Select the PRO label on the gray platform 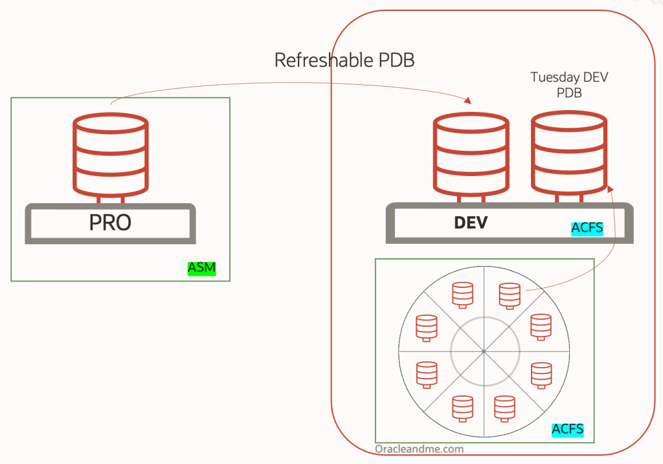tap(110, 223)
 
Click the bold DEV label tap(471, 223)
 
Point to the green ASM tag tap(201, 269)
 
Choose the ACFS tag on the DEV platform tap(587, 228)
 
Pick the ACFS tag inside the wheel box tap(568, 429)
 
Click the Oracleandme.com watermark tap(419, 448)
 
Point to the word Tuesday tap(553, 78)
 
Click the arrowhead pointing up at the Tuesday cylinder tap(609, 188)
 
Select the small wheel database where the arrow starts tap(510, 295)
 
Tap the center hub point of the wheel tap(484, 351)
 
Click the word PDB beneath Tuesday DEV tap(569, 93)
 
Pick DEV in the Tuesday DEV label tap(595, 78)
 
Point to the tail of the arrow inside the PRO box tap(112, 102)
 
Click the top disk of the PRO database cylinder tap(110, 123)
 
